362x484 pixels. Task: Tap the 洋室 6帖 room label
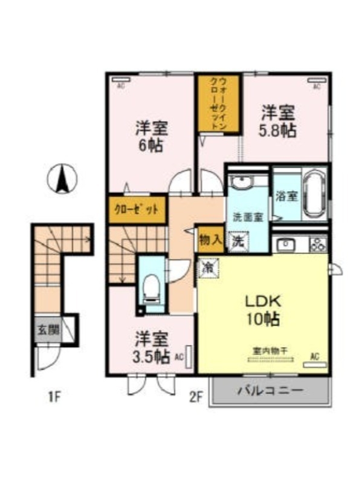point(151,137)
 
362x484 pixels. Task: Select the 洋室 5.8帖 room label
point(278,121)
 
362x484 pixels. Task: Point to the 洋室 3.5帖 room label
point(151,347)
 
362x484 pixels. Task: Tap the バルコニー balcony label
point(270,390)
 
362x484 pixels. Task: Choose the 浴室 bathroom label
point(286,196)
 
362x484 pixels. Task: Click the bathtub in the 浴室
point(315,195)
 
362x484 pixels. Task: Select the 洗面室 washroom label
point(248,217)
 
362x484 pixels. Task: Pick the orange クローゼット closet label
point(137,210)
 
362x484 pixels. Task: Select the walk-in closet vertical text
point(219,103)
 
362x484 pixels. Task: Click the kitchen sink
point(285,245)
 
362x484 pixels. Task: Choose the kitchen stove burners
point(318,244)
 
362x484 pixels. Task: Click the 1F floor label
point(55,397)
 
